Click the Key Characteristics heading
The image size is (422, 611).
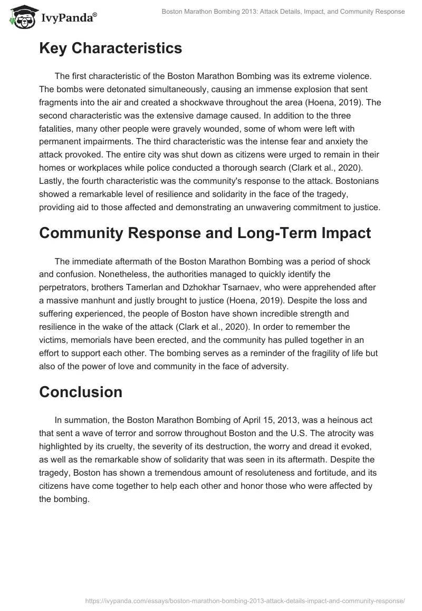pyautogui.click(x=110, y=48)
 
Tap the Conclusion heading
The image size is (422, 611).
pyautogui.click(x=80, y=392)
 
